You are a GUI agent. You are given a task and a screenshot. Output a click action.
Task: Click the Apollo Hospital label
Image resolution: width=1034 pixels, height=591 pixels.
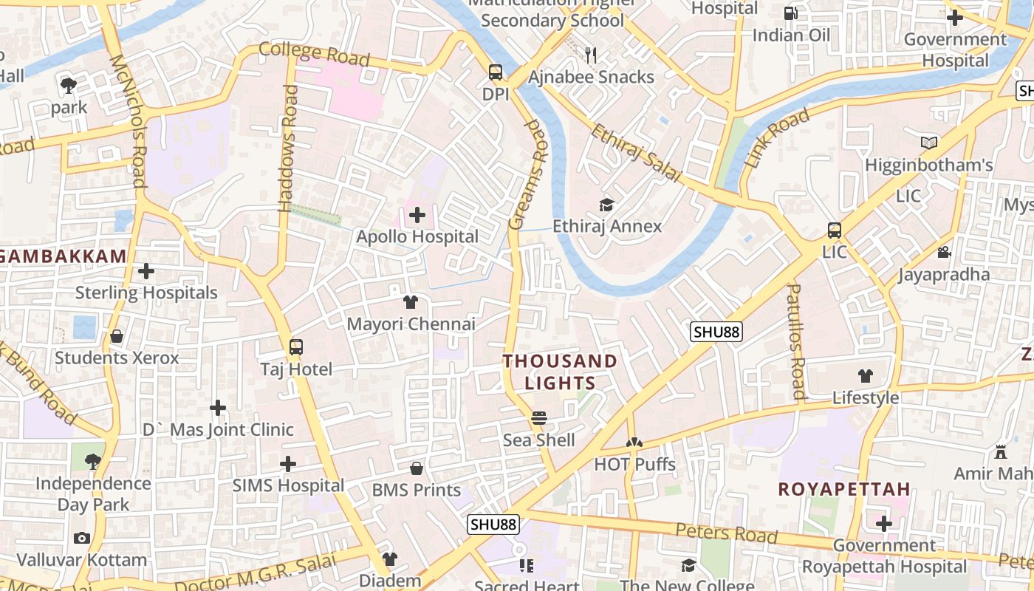(417, 237)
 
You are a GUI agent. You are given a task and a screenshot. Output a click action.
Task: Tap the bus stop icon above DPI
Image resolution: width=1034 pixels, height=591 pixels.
(495, 72)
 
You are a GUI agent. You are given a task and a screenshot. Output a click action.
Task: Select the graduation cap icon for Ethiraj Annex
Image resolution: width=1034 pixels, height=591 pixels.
(606, 205)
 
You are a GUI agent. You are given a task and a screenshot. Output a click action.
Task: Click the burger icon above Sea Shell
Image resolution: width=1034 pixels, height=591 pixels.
(539, 418)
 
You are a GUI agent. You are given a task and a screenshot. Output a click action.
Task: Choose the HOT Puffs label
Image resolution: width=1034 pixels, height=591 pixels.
(635, 465)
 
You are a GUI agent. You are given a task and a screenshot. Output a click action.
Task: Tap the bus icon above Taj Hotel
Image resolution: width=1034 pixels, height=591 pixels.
(296, 346)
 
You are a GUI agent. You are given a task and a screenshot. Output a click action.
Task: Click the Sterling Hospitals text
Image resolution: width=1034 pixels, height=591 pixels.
(146, 293)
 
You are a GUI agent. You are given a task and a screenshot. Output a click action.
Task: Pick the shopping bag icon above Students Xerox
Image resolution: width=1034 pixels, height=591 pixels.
(117, 337)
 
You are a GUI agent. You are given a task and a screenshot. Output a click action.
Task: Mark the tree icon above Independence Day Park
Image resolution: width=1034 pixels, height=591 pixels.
(93, 462)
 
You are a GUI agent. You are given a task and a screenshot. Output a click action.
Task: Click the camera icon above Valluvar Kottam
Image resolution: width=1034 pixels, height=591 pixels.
(82, 539)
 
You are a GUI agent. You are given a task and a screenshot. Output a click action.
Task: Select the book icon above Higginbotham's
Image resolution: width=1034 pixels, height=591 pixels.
(928, 143)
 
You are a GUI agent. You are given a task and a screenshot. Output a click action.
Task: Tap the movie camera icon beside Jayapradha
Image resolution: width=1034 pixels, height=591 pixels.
(944, 253)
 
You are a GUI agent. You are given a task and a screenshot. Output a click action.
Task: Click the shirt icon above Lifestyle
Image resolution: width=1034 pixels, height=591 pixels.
(866, 376)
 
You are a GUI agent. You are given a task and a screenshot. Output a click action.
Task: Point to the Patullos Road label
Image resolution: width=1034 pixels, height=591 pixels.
(796, 341)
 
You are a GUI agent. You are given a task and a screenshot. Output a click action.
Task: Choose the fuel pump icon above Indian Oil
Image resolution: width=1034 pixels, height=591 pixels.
(790, 13)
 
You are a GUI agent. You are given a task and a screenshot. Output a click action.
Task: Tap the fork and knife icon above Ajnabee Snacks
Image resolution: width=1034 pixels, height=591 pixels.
(591, 55)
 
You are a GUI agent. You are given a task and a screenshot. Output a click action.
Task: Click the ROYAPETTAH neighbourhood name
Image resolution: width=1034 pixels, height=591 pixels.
(844, 490)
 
